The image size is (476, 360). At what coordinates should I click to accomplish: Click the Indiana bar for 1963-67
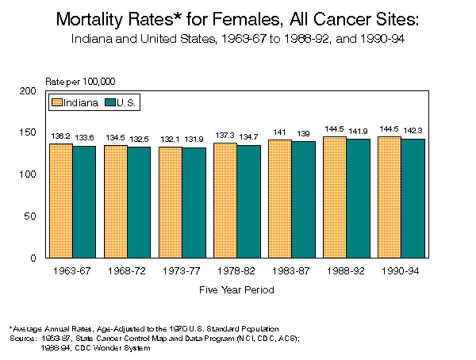pyautogui.click(x=61, y=201)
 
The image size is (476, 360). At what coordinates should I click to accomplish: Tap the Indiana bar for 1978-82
pyautogui.click(x=225, y=200)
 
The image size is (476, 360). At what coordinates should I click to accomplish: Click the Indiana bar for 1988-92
pyautogui.click(x=335, y=197)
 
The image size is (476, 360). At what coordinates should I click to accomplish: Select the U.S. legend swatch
pyautogui.click(x=110, y=102)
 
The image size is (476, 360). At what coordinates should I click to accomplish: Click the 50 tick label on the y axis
pyautogui.click(x=29, y=216)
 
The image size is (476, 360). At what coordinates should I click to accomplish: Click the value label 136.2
pyautogui.click(x=61, y=136)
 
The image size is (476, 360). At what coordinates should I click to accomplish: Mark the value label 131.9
pyautogui.click(x=194, y=140)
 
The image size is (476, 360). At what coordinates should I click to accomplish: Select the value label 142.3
pyautogui.click(x=413, y=131)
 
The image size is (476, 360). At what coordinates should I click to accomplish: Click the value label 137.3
pyautogui.click(x=225, y=135)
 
